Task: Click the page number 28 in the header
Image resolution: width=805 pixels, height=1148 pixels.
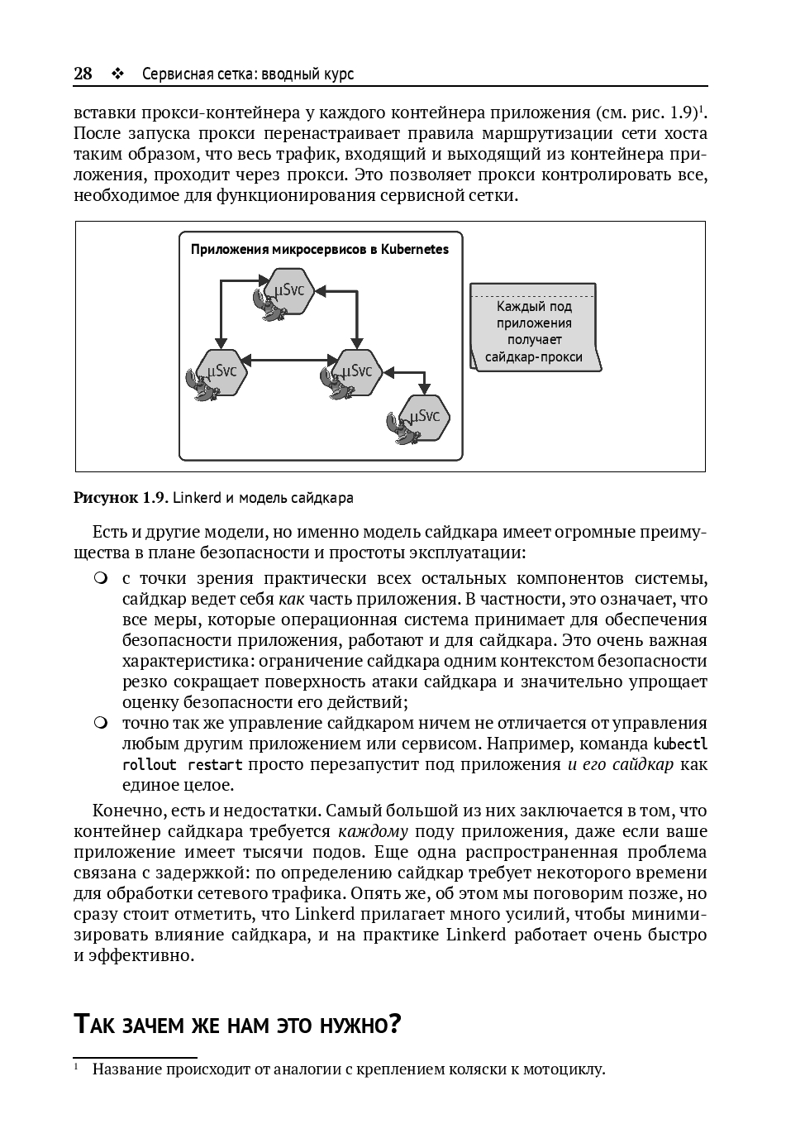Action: pyautogui.click(x=83, y=74)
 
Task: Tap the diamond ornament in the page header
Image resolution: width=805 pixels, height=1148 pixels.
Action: pyautogui.click(x=117, y=74)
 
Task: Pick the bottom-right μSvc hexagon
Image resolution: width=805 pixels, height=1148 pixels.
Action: pyautogui.click(x=425, y=417)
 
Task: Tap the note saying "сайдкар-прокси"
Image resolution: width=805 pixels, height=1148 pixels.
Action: pyautogui.click(x=533, y=357)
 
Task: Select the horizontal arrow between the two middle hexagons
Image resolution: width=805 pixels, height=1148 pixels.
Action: pyautogui.click(x=288, y=359)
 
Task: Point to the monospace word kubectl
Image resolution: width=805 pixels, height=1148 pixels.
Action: pyautogui.click(x=680, y=744)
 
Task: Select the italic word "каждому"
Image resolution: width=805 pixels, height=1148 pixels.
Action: pyautogui.click(x=373, y=831)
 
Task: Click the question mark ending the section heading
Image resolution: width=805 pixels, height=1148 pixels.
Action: pyautogui.click(x=394, y=1025)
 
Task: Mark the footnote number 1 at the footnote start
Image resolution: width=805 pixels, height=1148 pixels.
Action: pyautogui.click(x=76, y=1066)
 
